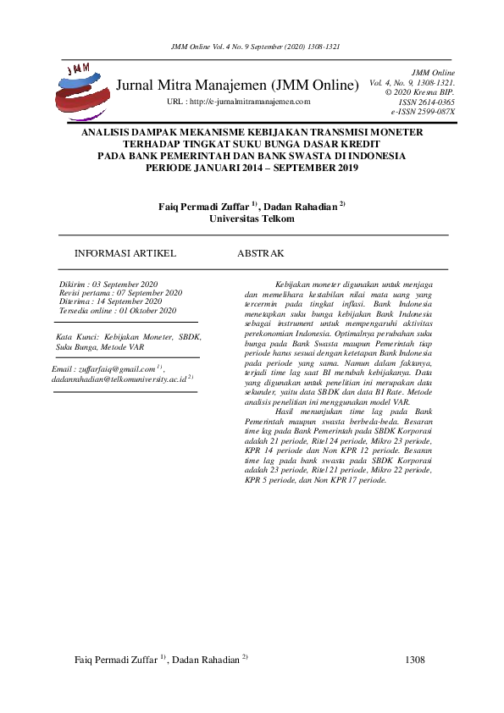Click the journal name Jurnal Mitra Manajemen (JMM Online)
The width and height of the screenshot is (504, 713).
point(238,86)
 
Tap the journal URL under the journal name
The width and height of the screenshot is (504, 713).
point(240,102)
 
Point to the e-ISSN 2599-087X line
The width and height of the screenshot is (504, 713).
point(423,111)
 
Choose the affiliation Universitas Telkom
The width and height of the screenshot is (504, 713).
point(252,218)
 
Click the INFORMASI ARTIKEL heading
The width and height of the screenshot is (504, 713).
point(125,253)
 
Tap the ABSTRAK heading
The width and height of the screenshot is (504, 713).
point(260,253)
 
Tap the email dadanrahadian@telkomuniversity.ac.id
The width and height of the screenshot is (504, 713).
point(119,380)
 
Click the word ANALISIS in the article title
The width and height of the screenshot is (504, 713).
point(107,133)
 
